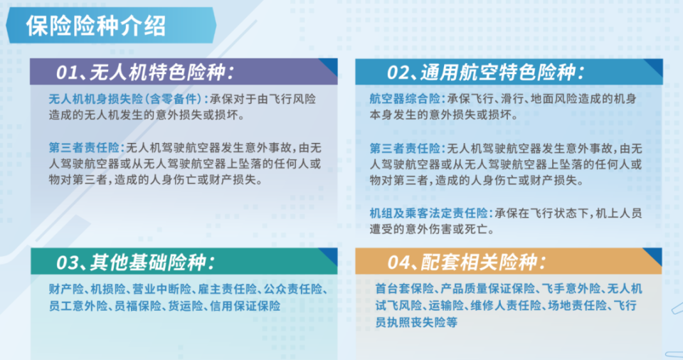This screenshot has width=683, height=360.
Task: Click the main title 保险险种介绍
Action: [95, 26]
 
